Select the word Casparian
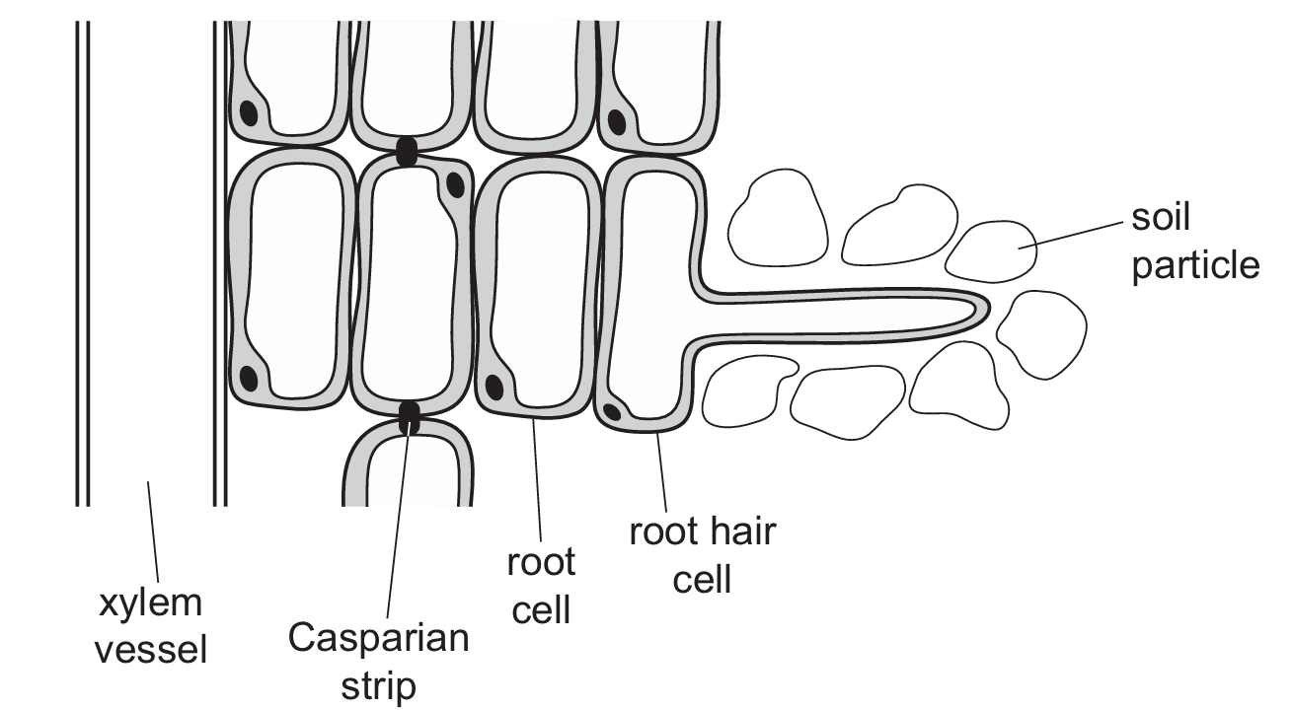(378, 638)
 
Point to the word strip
(378, 687)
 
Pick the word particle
(1195, 265)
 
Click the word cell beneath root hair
(702, 579)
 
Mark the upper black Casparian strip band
(405, 151)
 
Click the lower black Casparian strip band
(409, 416)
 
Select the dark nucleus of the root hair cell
(613, 410)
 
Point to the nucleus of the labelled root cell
(494, 382)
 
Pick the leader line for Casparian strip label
(396, 523)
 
